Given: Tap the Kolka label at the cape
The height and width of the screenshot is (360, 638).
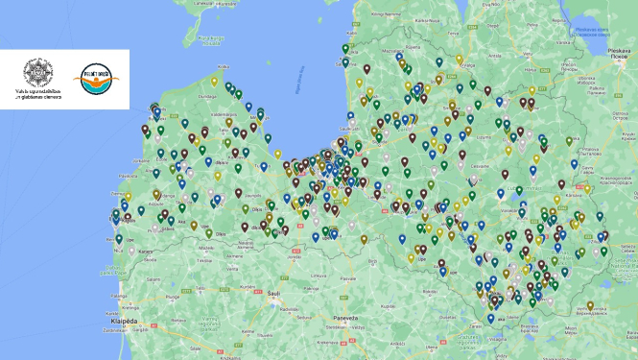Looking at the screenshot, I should click(x=224, y=66).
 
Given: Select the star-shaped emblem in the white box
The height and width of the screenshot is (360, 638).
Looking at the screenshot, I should click(x=41, y=73).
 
